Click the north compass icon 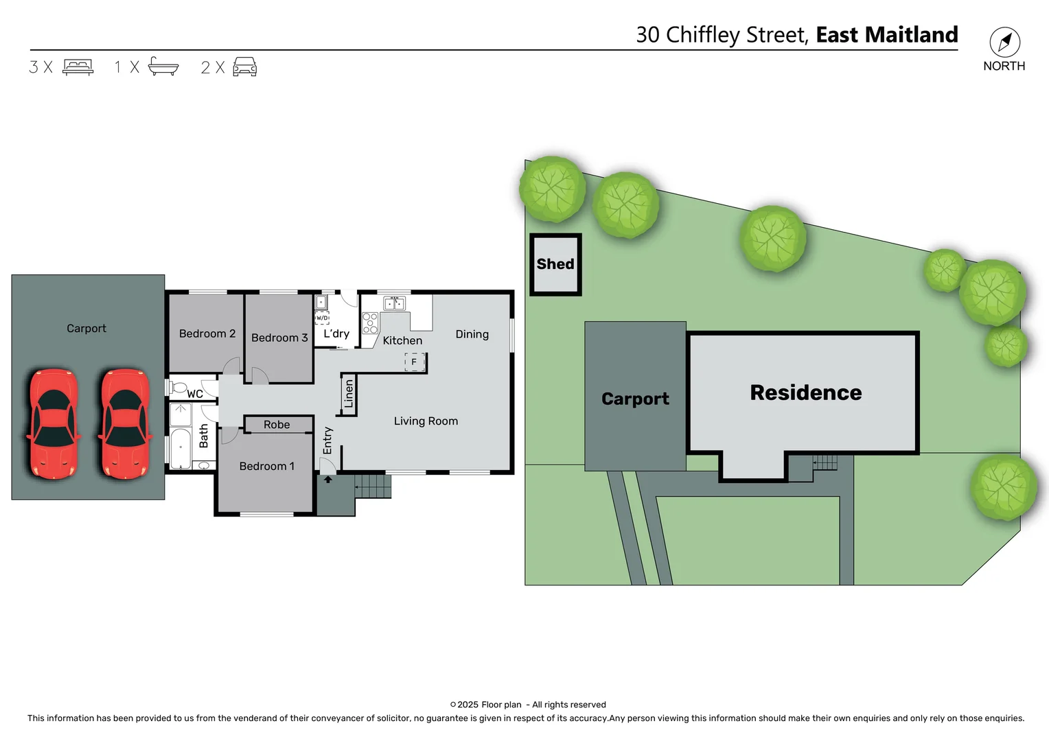1004,43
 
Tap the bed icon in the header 78,67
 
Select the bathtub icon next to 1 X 163,67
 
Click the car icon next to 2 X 244,67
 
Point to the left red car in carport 53,424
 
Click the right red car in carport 125,424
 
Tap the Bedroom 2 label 207,333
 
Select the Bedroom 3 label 279,338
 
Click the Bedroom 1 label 266,467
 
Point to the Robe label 277,425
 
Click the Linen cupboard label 348,394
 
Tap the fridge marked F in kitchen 414,362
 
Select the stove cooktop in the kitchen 370,323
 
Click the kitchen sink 394,303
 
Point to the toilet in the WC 178,387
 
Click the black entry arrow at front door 328,480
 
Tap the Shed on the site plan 555,264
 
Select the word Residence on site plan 805,392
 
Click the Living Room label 426,421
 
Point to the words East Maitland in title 886,34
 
